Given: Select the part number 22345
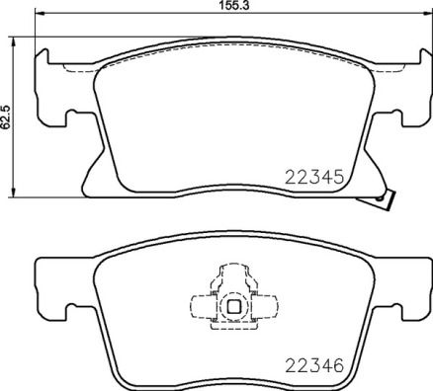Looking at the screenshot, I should tap(312, 179).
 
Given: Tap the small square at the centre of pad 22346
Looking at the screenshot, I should tap(233, 306).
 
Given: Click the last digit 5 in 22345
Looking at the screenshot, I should tap(337, 179).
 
